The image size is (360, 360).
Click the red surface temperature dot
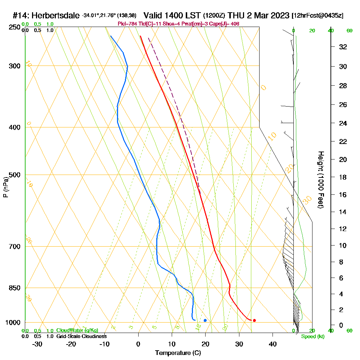(x=254, y=320)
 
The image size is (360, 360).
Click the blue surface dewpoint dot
(x=205, y=320)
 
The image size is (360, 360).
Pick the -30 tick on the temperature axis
(x=37, y=344)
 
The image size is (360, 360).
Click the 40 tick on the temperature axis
(x=273, y=344)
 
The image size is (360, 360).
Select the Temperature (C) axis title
(x=178, y=353)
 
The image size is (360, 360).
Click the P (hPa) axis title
(x=6, y=187)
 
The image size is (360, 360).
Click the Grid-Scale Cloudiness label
(x=81, y=336)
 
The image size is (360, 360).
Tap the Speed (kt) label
(x=312, y=337)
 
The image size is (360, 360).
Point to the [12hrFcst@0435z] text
(x=318, y=16)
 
